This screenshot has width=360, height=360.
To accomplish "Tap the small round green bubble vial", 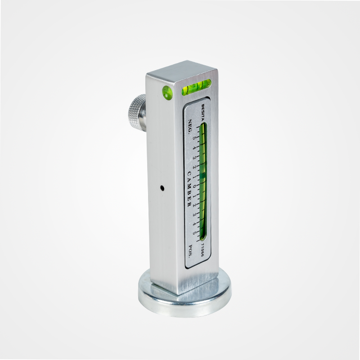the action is pyautogui.click(x=167, y=93).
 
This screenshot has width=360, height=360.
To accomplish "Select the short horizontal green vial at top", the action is pyautogui.click(x=196, y=87).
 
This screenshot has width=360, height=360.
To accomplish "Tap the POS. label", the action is pyautogui.click(x=190, y=252).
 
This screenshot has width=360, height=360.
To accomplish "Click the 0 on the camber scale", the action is pyautogui.click(x=194, y=186).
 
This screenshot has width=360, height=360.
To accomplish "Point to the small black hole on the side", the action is pyautogui.click(x=162, y=188).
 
